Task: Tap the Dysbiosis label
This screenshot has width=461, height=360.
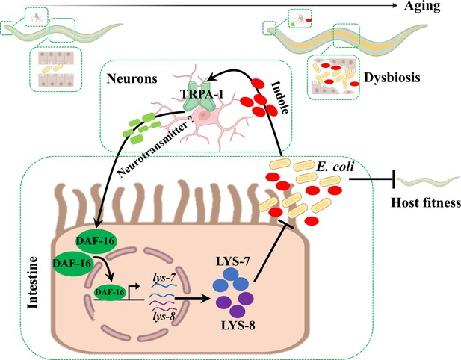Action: pyautogui.click(x=392, y=77)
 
